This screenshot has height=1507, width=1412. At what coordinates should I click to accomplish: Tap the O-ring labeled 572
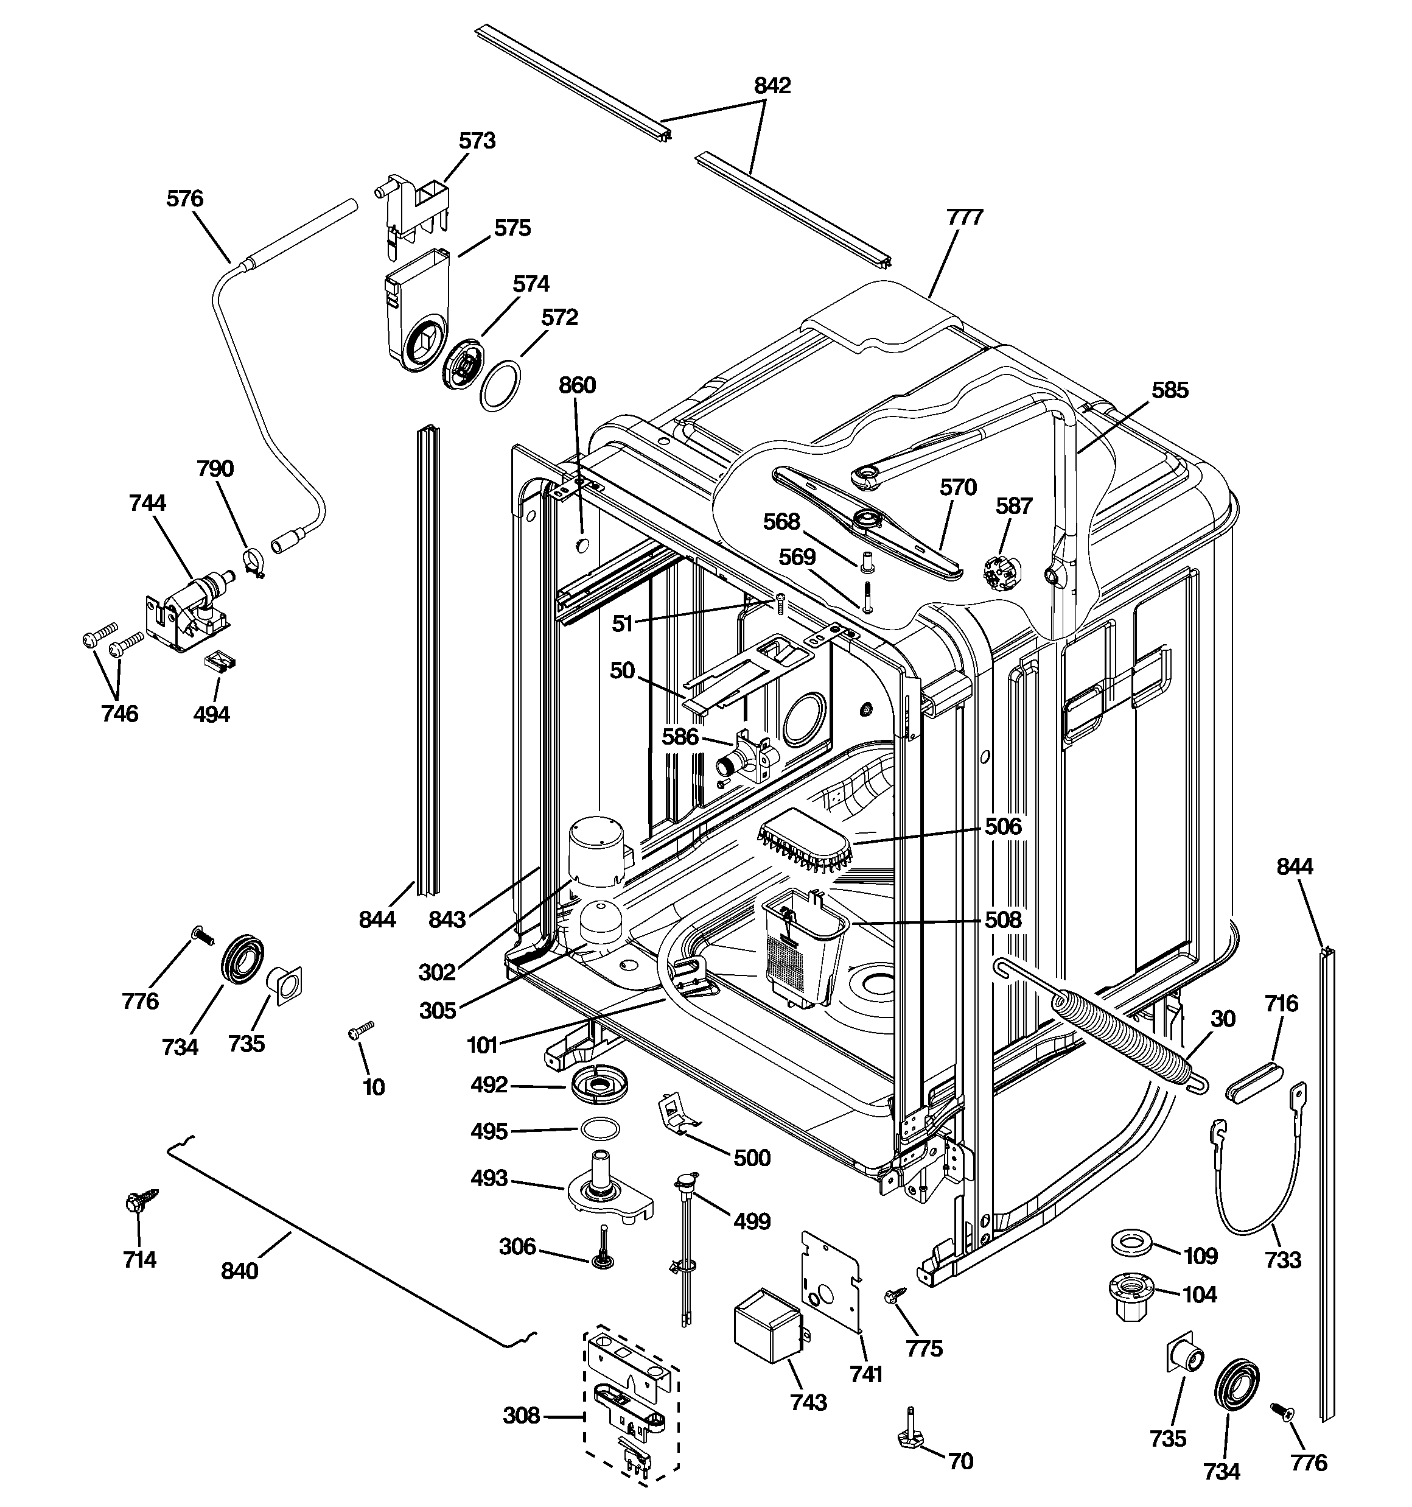(500, 386)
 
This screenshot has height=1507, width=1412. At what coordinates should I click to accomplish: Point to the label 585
(1170, 390)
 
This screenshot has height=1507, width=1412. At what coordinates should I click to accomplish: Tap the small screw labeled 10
(362, 1030)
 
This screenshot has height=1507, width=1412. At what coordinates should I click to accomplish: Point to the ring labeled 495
(599, 1129)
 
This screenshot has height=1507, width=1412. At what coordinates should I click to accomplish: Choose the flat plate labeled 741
(831, 1282)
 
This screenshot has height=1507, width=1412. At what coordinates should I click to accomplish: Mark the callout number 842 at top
(772, 86)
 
